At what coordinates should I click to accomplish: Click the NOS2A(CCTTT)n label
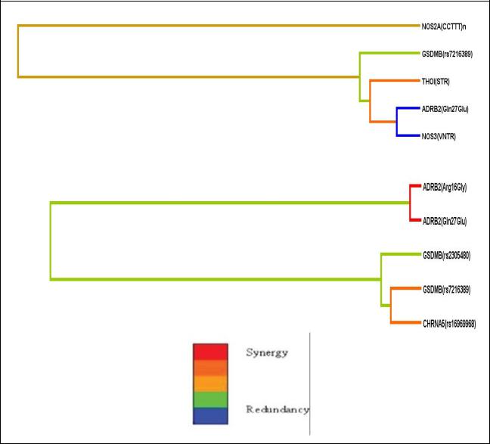click(444, 26)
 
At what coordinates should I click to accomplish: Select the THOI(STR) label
click(436, 82)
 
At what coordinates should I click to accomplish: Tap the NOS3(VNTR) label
click(439, 137)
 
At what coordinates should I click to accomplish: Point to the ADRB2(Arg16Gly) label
click(445, 188)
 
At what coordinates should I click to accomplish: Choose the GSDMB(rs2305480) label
click(447, 256)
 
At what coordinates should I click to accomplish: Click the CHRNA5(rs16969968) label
click(449, 324)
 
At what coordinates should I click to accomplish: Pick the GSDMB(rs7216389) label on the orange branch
click(447, 290)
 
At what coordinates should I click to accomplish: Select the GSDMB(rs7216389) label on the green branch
click(447, 54)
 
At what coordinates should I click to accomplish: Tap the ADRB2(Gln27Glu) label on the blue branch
click(445, 109)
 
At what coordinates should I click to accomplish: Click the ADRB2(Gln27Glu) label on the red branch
click(445, 222)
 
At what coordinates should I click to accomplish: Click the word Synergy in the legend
click(267, 352)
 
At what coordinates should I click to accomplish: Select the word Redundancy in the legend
click(278, 409)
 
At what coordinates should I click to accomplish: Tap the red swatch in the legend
click(210, 352)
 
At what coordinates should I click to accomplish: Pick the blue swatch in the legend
click(210, 416)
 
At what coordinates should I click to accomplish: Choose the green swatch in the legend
click(210, 399)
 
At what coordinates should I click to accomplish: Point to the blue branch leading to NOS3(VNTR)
click(408, 135)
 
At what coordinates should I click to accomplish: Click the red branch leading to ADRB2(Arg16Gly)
click(415, 186)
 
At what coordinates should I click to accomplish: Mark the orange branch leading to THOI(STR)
click(395, 81)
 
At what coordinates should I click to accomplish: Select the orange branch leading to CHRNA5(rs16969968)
click(405, 322)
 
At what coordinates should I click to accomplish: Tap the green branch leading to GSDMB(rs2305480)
click(401, 254)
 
